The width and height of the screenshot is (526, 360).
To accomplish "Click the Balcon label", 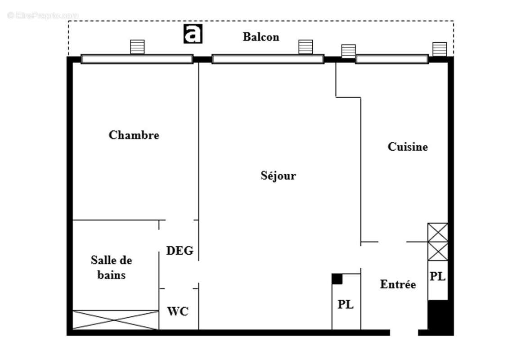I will click(261, 37).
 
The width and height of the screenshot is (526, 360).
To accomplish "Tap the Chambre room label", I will click(134, 135).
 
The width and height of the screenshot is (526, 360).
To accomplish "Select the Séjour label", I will click(278, 175).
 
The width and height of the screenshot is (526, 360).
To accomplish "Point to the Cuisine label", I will click(408, 147).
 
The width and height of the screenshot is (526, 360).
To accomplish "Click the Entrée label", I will click(398, 284).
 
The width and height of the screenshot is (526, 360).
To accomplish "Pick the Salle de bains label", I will click(111, 267).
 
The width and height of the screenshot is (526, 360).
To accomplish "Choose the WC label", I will click(178, 311).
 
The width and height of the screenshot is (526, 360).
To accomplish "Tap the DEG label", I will click(180, 251).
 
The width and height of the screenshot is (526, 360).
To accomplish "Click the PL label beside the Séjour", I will click(346, 304).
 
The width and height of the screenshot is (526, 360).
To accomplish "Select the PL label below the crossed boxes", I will click(437, 277).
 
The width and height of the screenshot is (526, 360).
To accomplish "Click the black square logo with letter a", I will click(193, 34).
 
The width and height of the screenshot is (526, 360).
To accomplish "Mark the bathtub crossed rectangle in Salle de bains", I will click(116, 319).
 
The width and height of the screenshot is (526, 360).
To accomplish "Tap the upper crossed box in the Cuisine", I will click(437, 232).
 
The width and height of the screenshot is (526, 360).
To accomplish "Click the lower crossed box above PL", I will click(437, 251).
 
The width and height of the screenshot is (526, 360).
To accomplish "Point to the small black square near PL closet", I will click(337, 279).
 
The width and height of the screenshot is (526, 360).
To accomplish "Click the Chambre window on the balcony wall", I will click(137, 59).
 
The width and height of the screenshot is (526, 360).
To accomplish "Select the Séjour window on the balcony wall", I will click(268, 59).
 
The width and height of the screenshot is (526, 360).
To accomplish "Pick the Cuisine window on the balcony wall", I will click(391, 59).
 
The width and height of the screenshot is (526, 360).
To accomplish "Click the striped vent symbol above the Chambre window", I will click(137, 47).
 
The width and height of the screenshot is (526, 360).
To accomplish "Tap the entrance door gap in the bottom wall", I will click(404, 333).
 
